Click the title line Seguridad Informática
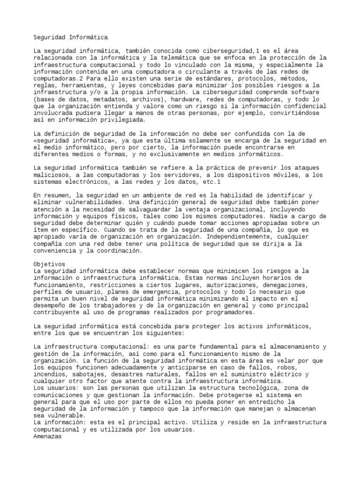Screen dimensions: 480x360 (71, 37)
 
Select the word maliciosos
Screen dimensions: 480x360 (52, 174)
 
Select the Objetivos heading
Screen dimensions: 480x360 (50, 264)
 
